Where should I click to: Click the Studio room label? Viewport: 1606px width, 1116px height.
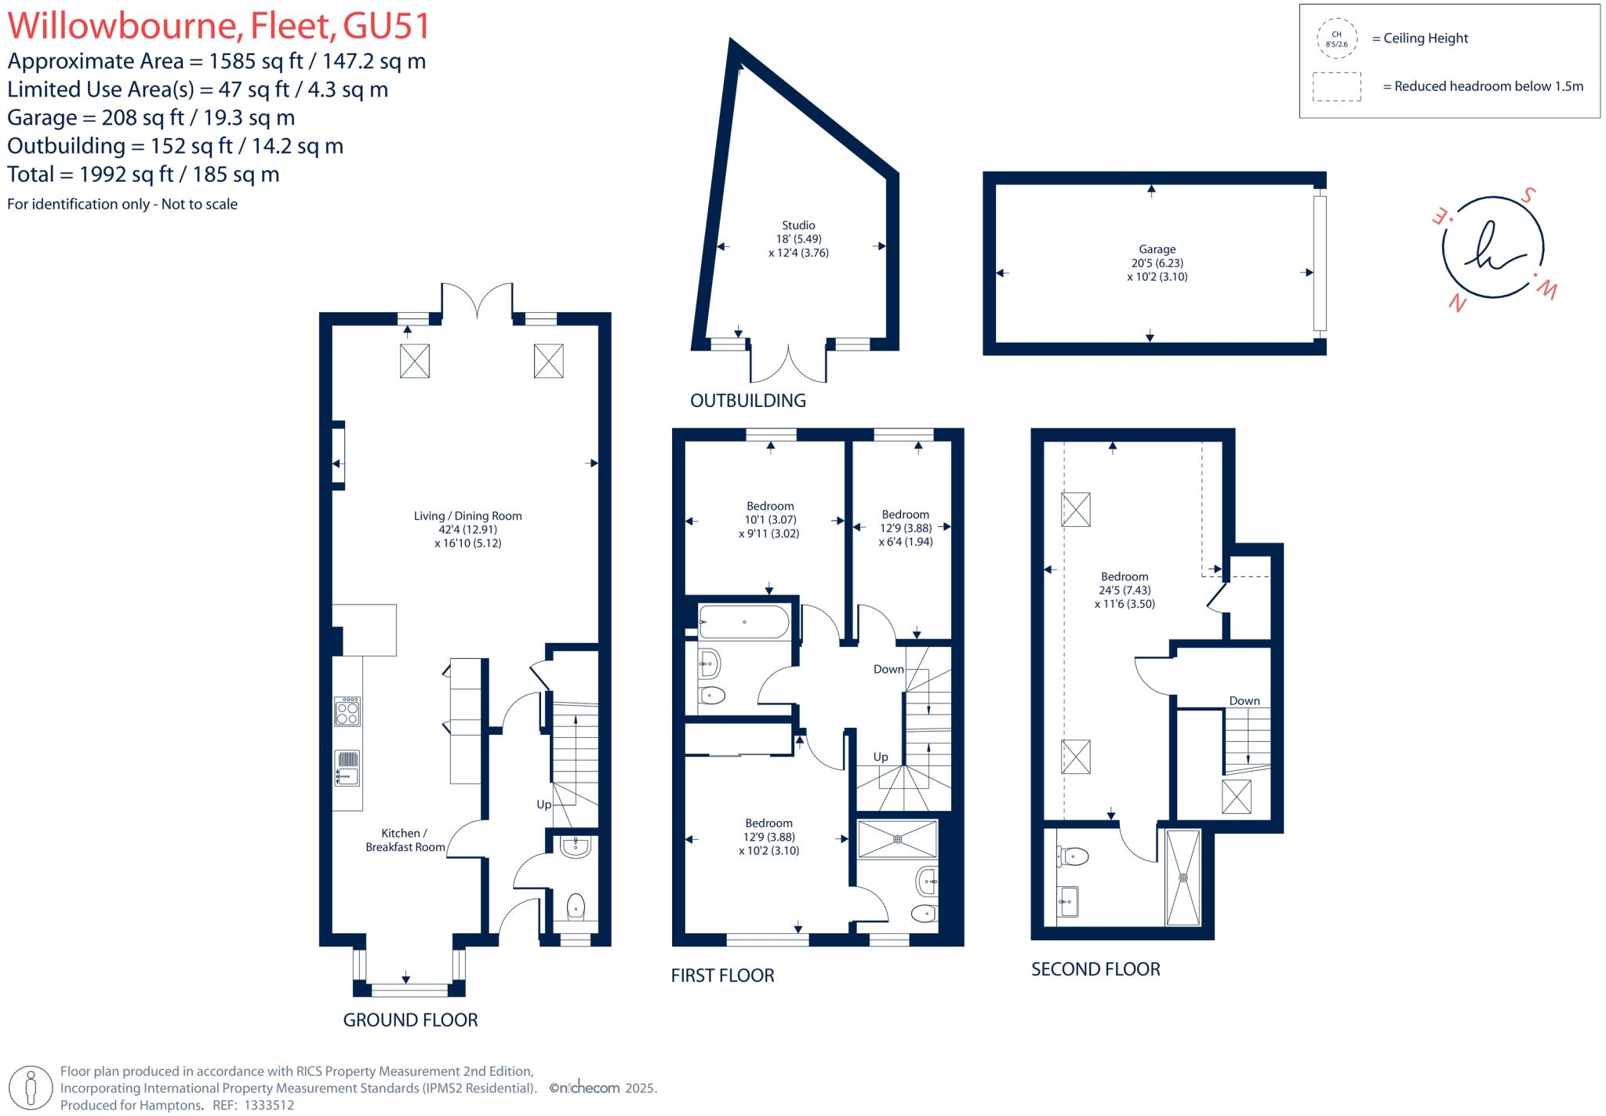tap(798, 225)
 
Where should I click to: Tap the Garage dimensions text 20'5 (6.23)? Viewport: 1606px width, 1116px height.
tap(1157, 264)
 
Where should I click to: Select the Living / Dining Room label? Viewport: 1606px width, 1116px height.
tap(467, 516)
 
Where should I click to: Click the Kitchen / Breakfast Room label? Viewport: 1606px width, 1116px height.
tap(405, 840)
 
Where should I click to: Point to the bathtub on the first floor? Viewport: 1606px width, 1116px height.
tap(743, 622)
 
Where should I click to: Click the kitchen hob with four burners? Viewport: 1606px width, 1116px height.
tap(347, 711)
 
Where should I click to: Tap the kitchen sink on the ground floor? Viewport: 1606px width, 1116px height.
tap(347, 769)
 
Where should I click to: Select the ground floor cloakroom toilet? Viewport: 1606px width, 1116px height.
tap(576, 907)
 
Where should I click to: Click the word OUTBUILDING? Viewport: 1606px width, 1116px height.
tap(747, 401)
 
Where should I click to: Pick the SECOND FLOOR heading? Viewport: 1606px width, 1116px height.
tap(1095, 969)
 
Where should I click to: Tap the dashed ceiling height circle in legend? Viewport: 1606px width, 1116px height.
tap(1337, 39)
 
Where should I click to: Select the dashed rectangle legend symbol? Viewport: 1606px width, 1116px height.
tap(1337, 87)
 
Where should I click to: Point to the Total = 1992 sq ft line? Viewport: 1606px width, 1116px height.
tap(144, 174)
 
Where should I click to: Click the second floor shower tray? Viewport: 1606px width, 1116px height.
tap(1183, 878)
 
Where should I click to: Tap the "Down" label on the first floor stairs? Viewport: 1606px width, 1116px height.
tap(888, 669)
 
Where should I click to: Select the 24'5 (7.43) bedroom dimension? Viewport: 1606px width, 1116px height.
tap(1125, 591)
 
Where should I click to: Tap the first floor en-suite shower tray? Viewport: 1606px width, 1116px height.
tap(897, 839)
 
